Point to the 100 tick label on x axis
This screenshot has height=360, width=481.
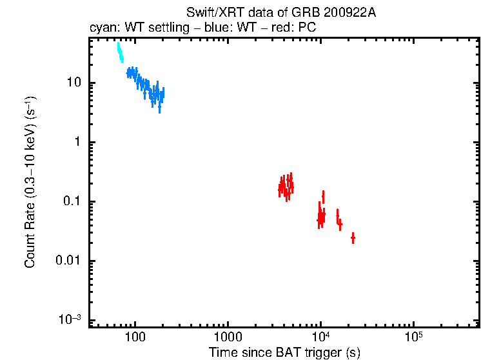click(x=135, y=337)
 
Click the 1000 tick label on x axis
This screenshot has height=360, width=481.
click(x=228, y=337)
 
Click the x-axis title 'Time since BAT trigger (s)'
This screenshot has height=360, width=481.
click(x=284, y=352)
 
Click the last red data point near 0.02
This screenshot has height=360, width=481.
click(x=353, y=239)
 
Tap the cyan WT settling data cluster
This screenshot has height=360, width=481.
click(x=120, y=53)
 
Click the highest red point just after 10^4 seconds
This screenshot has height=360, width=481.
click(x=323, y=195)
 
